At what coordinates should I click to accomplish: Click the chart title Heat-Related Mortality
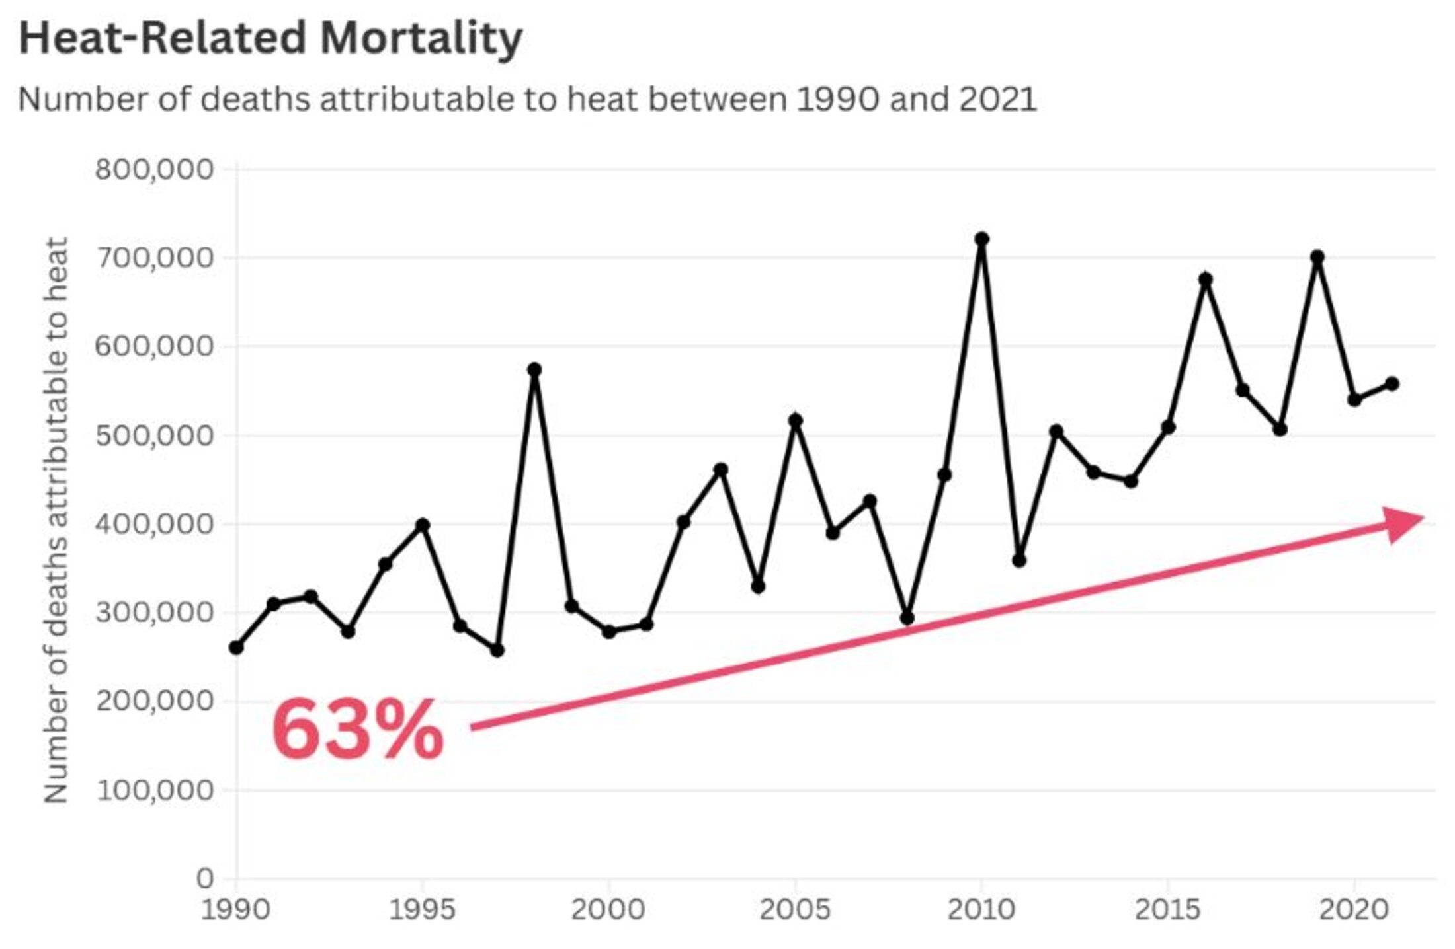(x=270, y=38)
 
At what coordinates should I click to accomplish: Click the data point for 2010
(x=981, y=239)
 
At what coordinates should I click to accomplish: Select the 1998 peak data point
(x=534, y=369)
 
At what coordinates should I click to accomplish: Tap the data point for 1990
(x=236, y=648)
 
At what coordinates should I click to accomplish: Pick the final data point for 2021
(x=1392, y=383)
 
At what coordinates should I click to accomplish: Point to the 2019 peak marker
(x=1317, y=257)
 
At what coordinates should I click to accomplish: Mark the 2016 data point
(x=1205, y=279)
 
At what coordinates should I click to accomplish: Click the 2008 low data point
(x=907, y=619)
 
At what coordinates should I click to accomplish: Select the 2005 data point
(x=796, y=420)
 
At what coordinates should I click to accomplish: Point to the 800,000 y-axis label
(x=154, y=170)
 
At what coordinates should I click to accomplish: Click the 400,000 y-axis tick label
(x=154, y=525)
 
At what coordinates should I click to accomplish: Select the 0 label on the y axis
(x=205, y=879)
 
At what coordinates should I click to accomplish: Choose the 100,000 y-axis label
(x=154, y=790)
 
